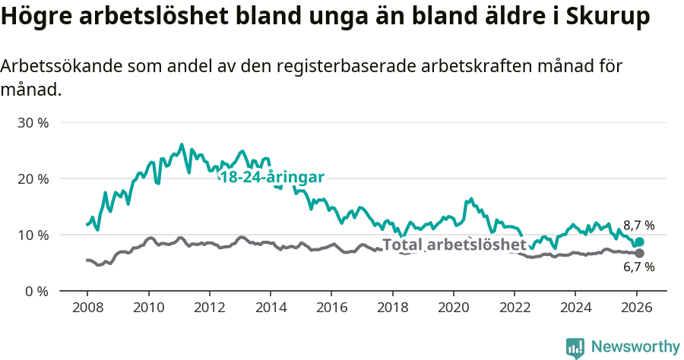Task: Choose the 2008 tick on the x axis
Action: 87,308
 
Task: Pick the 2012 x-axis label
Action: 209,308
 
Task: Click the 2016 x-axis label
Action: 331,308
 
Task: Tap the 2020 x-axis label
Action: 453,308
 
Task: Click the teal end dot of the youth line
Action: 639,242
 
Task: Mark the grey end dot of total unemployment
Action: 639,253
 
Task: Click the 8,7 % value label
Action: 638,225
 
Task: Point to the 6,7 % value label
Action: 638,267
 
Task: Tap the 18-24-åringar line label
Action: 272,177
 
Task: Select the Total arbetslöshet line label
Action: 454,245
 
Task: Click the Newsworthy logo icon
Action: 575,347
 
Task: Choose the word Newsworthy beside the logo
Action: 635,347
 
